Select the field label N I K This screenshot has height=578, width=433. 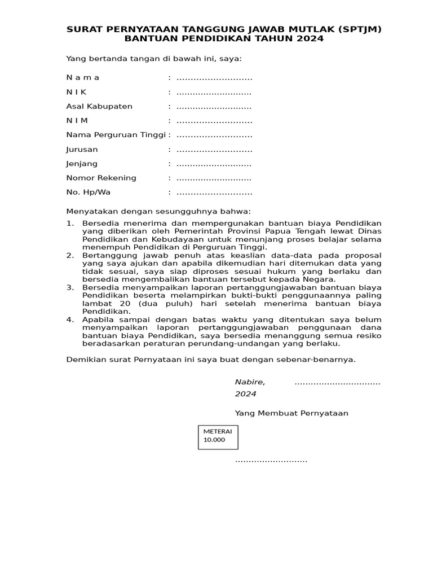(77, 92)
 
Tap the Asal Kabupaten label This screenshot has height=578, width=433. (99, 106)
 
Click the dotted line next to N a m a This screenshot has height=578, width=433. (214, 78)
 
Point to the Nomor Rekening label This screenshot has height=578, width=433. (101, 178)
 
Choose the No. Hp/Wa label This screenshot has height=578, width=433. (89, 192)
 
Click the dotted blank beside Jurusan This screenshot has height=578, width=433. (214, 150)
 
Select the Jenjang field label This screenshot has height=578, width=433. (82, 164)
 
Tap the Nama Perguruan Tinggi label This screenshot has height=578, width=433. (116, 135)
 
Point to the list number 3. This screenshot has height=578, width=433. (70, 287)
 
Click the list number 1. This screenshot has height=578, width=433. (70, 224)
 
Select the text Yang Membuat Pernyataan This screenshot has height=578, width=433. (291, 413)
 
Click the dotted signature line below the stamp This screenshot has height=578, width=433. (271, 461)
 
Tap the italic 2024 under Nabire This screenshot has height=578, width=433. (245, 393)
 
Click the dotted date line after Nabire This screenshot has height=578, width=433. (337, 383)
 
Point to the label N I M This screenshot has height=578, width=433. (77, 120)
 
